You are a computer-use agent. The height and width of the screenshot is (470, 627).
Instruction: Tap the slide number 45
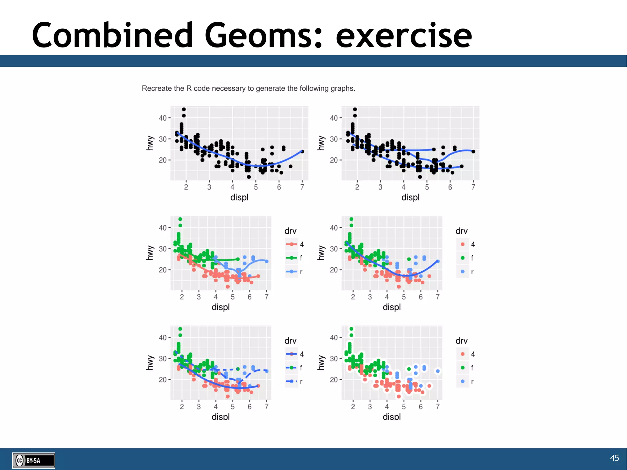614,458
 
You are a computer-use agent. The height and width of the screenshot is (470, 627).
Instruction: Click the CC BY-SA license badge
34,460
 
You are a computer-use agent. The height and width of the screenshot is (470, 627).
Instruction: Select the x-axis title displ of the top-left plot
239,197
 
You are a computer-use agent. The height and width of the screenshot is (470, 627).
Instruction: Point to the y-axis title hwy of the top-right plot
321,143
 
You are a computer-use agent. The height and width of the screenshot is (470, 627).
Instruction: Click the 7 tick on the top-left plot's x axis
302,187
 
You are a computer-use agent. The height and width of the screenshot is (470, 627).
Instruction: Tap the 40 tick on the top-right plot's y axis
334,118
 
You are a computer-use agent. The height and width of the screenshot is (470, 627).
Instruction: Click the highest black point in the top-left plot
184,109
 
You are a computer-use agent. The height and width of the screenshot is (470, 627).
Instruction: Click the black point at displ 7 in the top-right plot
473,152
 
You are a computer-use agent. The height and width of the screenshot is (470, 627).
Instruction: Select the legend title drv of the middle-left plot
290,231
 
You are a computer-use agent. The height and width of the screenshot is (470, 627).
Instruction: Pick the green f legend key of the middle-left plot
291,258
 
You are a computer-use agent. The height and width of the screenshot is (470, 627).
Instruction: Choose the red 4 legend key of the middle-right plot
463,244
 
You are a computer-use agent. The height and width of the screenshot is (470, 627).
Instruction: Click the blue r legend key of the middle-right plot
463,272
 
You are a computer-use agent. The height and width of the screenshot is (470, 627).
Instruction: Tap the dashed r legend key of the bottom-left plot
291,381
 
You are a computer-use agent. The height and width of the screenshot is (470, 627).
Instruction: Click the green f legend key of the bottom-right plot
463,368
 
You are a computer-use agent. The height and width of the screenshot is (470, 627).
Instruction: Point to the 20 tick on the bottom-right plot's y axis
334,380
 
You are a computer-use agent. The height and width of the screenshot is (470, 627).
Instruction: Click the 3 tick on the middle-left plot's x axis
199,297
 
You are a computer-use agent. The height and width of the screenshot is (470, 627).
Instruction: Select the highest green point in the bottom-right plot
351,329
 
